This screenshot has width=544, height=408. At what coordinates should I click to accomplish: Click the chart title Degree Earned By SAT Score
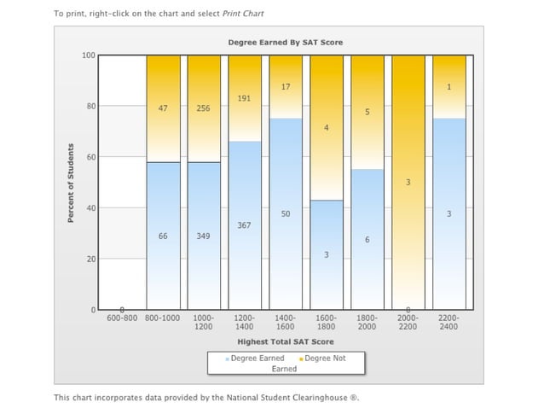[x=286, y=42]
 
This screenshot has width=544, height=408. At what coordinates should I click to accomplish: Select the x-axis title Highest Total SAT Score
[x=285, y=341]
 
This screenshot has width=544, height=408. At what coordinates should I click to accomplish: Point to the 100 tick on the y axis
[x=88, y=55]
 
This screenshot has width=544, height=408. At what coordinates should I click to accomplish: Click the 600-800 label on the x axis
[x=122, y=318]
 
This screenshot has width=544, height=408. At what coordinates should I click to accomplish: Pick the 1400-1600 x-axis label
[x=286, y=322]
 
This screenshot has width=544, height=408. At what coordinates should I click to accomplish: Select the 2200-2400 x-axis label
[x=449, y=322]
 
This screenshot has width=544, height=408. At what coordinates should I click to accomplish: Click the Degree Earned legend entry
[x=256, y=358]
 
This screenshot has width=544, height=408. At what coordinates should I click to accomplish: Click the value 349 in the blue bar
[x=204, y=236]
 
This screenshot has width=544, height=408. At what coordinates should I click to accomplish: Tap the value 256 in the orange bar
[x=204, y=108]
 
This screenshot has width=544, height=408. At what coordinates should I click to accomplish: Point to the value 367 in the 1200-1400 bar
[x=245, y=225]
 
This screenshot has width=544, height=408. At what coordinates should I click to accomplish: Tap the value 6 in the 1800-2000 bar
[x=367, y=241]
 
